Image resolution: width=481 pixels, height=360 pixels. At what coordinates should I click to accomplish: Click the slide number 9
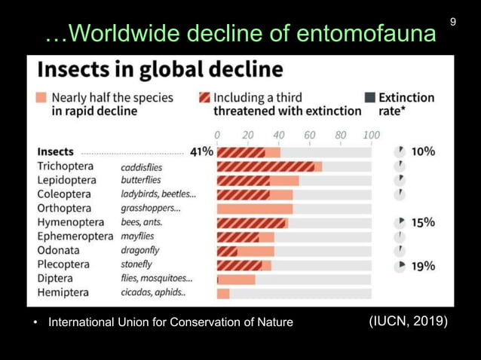453,22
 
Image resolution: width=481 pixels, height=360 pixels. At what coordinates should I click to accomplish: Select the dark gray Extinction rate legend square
370,98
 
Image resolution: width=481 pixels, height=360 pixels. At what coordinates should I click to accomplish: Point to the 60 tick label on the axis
309,136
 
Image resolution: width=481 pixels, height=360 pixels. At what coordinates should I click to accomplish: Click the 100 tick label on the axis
371,136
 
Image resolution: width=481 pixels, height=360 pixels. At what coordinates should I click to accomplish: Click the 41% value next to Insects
201,151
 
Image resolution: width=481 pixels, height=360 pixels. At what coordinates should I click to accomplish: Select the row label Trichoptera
66,166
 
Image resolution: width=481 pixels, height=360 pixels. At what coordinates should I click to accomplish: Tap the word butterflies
141,180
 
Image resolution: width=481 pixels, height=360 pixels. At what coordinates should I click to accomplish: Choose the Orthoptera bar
255,209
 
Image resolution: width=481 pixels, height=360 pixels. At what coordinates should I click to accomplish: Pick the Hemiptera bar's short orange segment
223,293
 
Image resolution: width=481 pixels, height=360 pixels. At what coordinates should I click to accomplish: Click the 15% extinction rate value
423,223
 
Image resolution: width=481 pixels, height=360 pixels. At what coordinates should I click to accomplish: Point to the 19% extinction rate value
423,266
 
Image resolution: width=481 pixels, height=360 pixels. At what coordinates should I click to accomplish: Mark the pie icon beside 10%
400,152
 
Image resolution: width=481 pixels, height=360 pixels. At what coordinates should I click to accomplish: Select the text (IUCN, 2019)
408,322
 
